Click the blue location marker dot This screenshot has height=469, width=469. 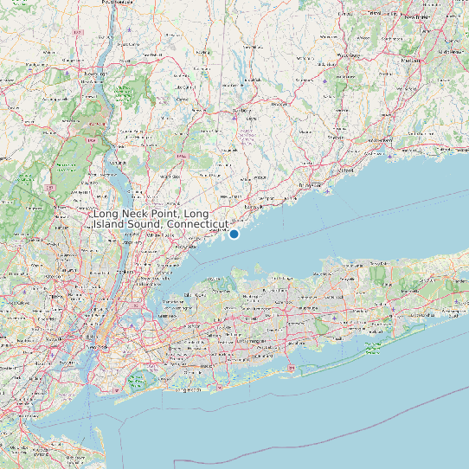[x=234, y=234]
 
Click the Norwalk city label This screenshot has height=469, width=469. [x=254, y=209]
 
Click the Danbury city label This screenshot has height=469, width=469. [x=241, y=111]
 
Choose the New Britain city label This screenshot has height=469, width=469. [x=420, y=17]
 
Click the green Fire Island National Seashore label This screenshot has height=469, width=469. [x=372, y=349]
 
